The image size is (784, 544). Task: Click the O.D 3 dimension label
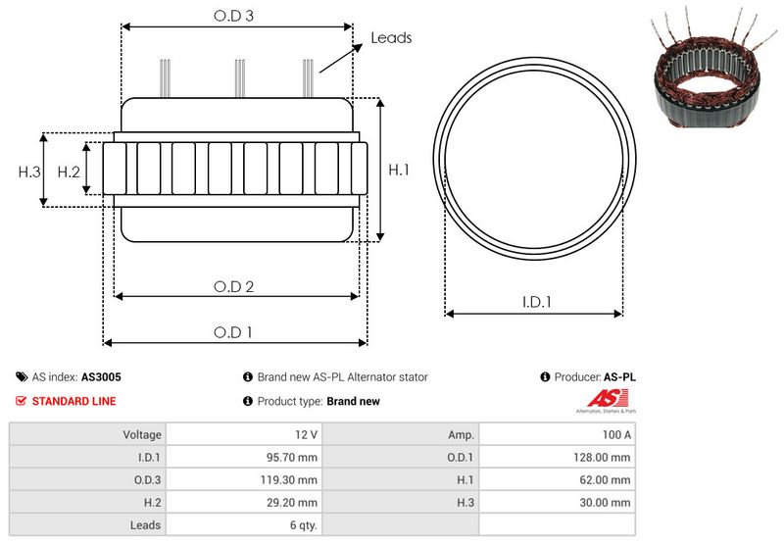point(234,16)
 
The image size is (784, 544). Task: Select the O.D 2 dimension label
point(234,286)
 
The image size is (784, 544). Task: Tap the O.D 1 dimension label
point(234,332)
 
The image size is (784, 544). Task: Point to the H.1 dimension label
point(399,170)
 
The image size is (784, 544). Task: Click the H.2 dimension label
point(68,172)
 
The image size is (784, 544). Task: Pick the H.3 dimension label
point(29,172)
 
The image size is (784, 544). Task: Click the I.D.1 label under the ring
point(535,303)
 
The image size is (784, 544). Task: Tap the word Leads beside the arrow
point(391,38)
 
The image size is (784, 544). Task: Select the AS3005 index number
point(101,376)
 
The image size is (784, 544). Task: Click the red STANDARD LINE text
point(73,401)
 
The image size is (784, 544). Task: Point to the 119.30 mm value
point(291,479)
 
